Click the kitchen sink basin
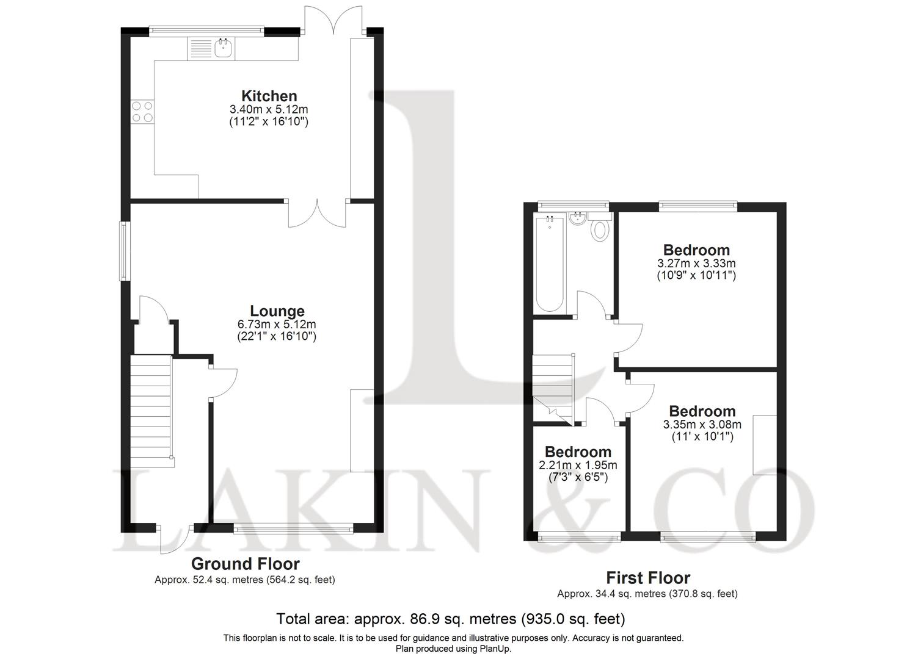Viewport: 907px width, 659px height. point(223,49)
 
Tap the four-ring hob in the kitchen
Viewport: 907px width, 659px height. point(142,112)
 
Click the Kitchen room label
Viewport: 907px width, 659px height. point(269,96)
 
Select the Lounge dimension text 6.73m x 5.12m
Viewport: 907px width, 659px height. point(277,324)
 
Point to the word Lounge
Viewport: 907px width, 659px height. point(277,311)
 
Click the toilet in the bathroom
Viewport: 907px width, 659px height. point(600,228)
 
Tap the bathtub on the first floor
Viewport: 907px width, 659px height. point(550,264)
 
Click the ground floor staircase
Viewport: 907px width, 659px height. point(151,411)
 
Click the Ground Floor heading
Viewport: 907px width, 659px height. point(246,564)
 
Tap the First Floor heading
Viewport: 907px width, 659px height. point(648,578)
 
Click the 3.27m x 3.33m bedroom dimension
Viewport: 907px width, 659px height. point(696,264)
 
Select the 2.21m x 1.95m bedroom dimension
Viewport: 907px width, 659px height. point(578,465)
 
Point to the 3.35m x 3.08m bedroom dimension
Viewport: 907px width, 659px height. point(702,424)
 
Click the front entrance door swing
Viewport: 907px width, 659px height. point(175,539)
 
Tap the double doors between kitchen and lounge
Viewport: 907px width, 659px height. point(317,213)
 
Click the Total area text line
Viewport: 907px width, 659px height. point(451,619)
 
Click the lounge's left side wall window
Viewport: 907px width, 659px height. point(125,250)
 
